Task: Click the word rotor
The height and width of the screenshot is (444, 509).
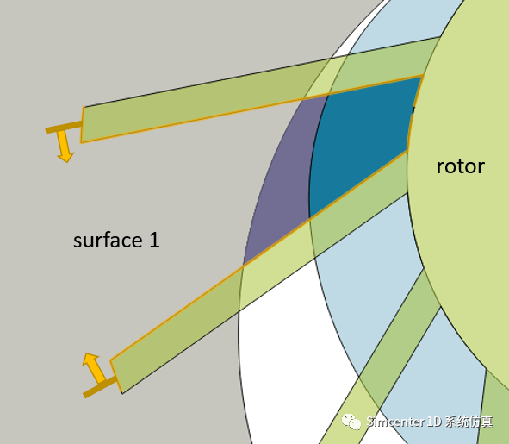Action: (x=461, y=166)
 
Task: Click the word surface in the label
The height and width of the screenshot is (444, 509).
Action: (x=108, y=240)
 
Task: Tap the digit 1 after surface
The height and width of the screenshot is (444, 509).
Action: (x=154, y=240)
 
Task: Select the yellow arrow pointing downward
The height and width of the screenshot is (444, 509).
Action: (x=65, y=146)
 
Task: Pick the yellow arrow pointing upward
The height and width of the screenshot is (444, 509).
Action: (x=94, y=367)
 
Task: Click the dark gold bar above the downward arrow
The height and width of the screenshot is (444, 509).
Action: (x=64, y=127)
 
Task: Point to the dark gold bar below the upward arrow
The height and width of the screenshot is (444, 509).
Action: (x=100, y=387)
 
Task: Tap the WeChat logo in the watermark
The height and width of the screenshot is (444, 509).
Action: (x=351, y=422)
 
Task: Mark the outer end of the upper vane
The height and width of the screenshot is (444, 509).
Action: (x=83, y=125)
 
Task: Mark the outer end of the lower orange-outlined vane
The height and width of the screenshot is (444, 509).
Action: (x=116, y=377)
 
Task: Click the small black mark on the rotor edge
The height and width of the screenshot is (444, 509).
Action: (x=413, y=109)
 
